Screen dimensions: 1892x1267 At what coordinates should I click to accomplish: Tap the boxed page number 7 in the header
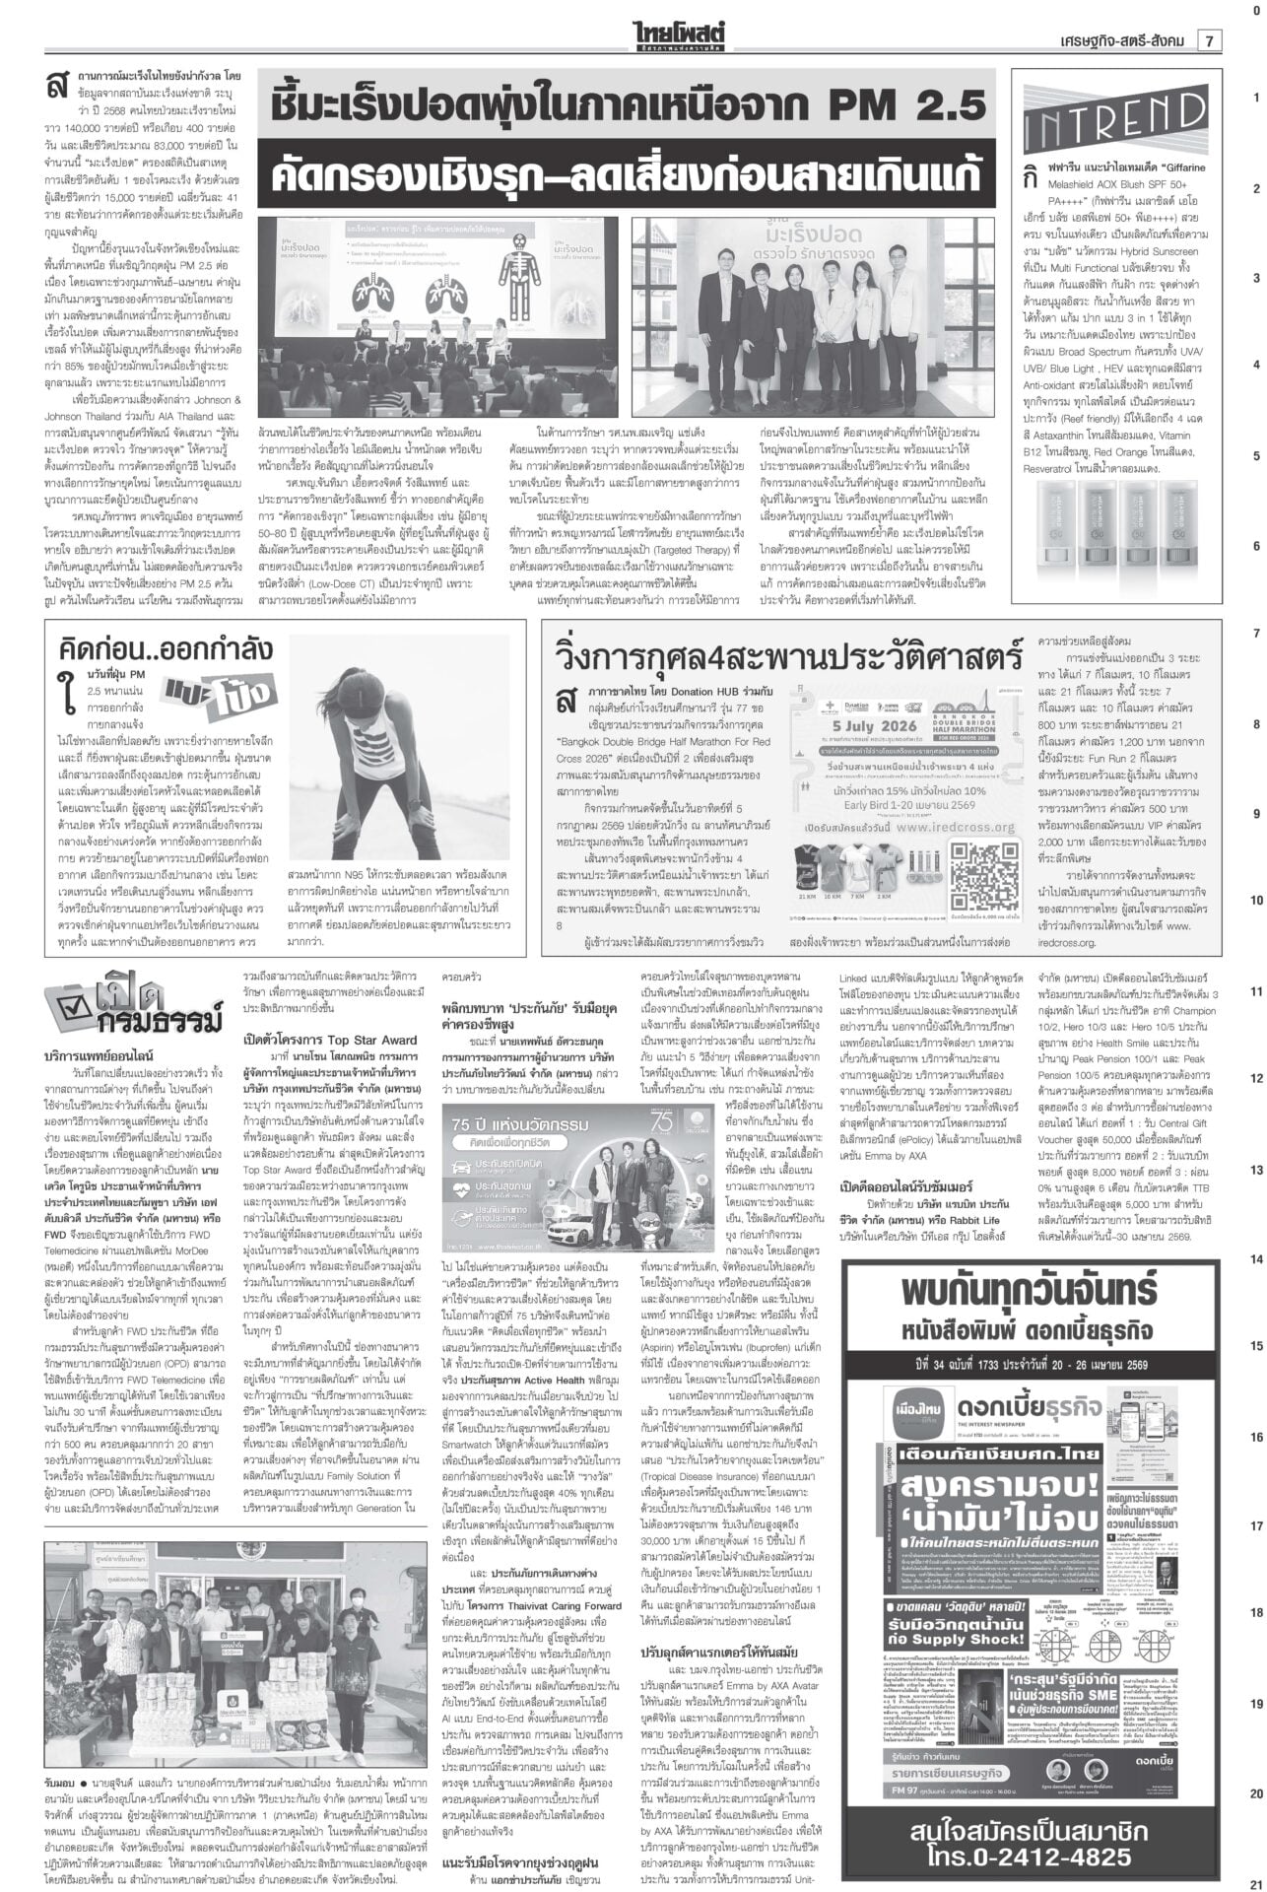[x=1208, y=40]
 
